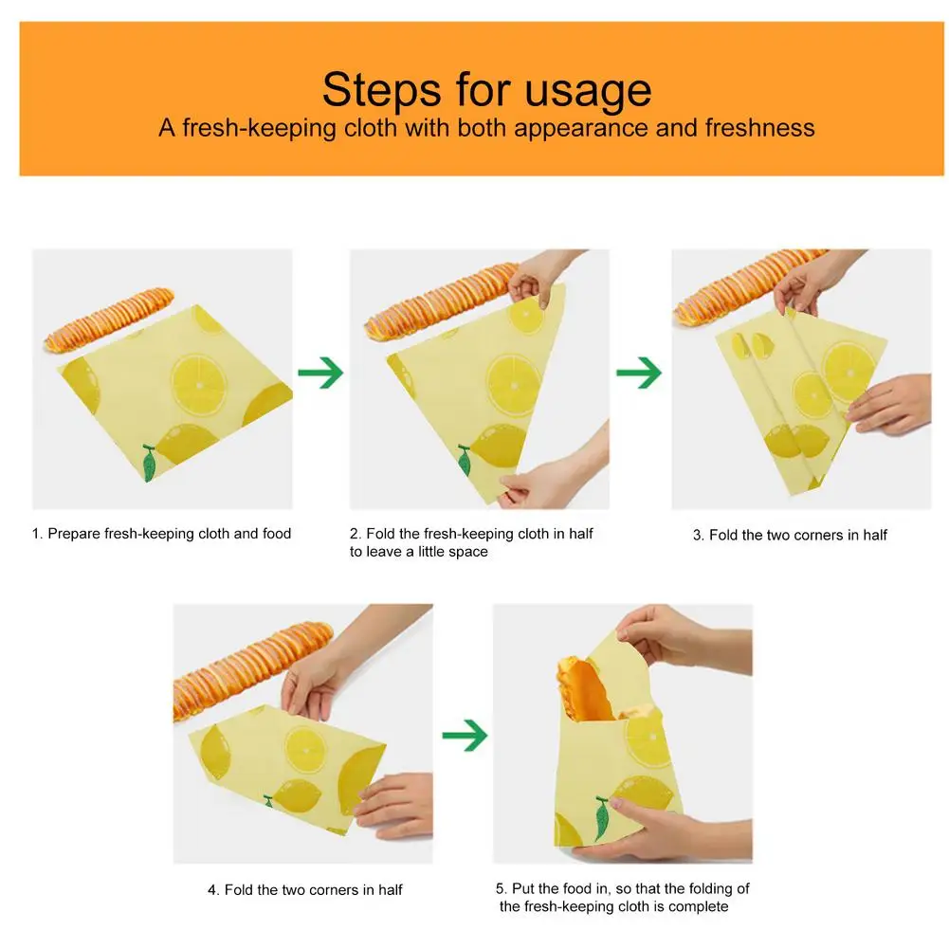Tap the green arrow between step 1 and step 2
click(320, 373)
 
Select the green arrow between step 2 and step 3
click(639, 373)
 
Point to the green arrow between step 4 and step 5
click(465, 736)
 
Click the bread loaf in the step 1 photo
click(109, 319)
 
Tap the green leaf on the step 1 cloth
click(149, 463)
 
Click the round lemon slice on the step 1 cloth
click(198, 385)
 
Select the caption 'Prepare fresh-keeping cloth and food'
click(170, 534)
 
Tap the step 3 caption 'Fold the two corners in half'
click(797, 535)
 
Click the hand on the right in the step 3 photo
click(889, 404)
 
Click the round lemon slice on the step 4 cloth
click(305, 749)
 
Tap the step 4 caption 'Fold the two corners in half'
click(313, 889)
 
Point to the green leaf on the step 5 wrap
click(601, 817)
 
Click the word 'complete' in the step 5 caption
click(699, 906)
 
